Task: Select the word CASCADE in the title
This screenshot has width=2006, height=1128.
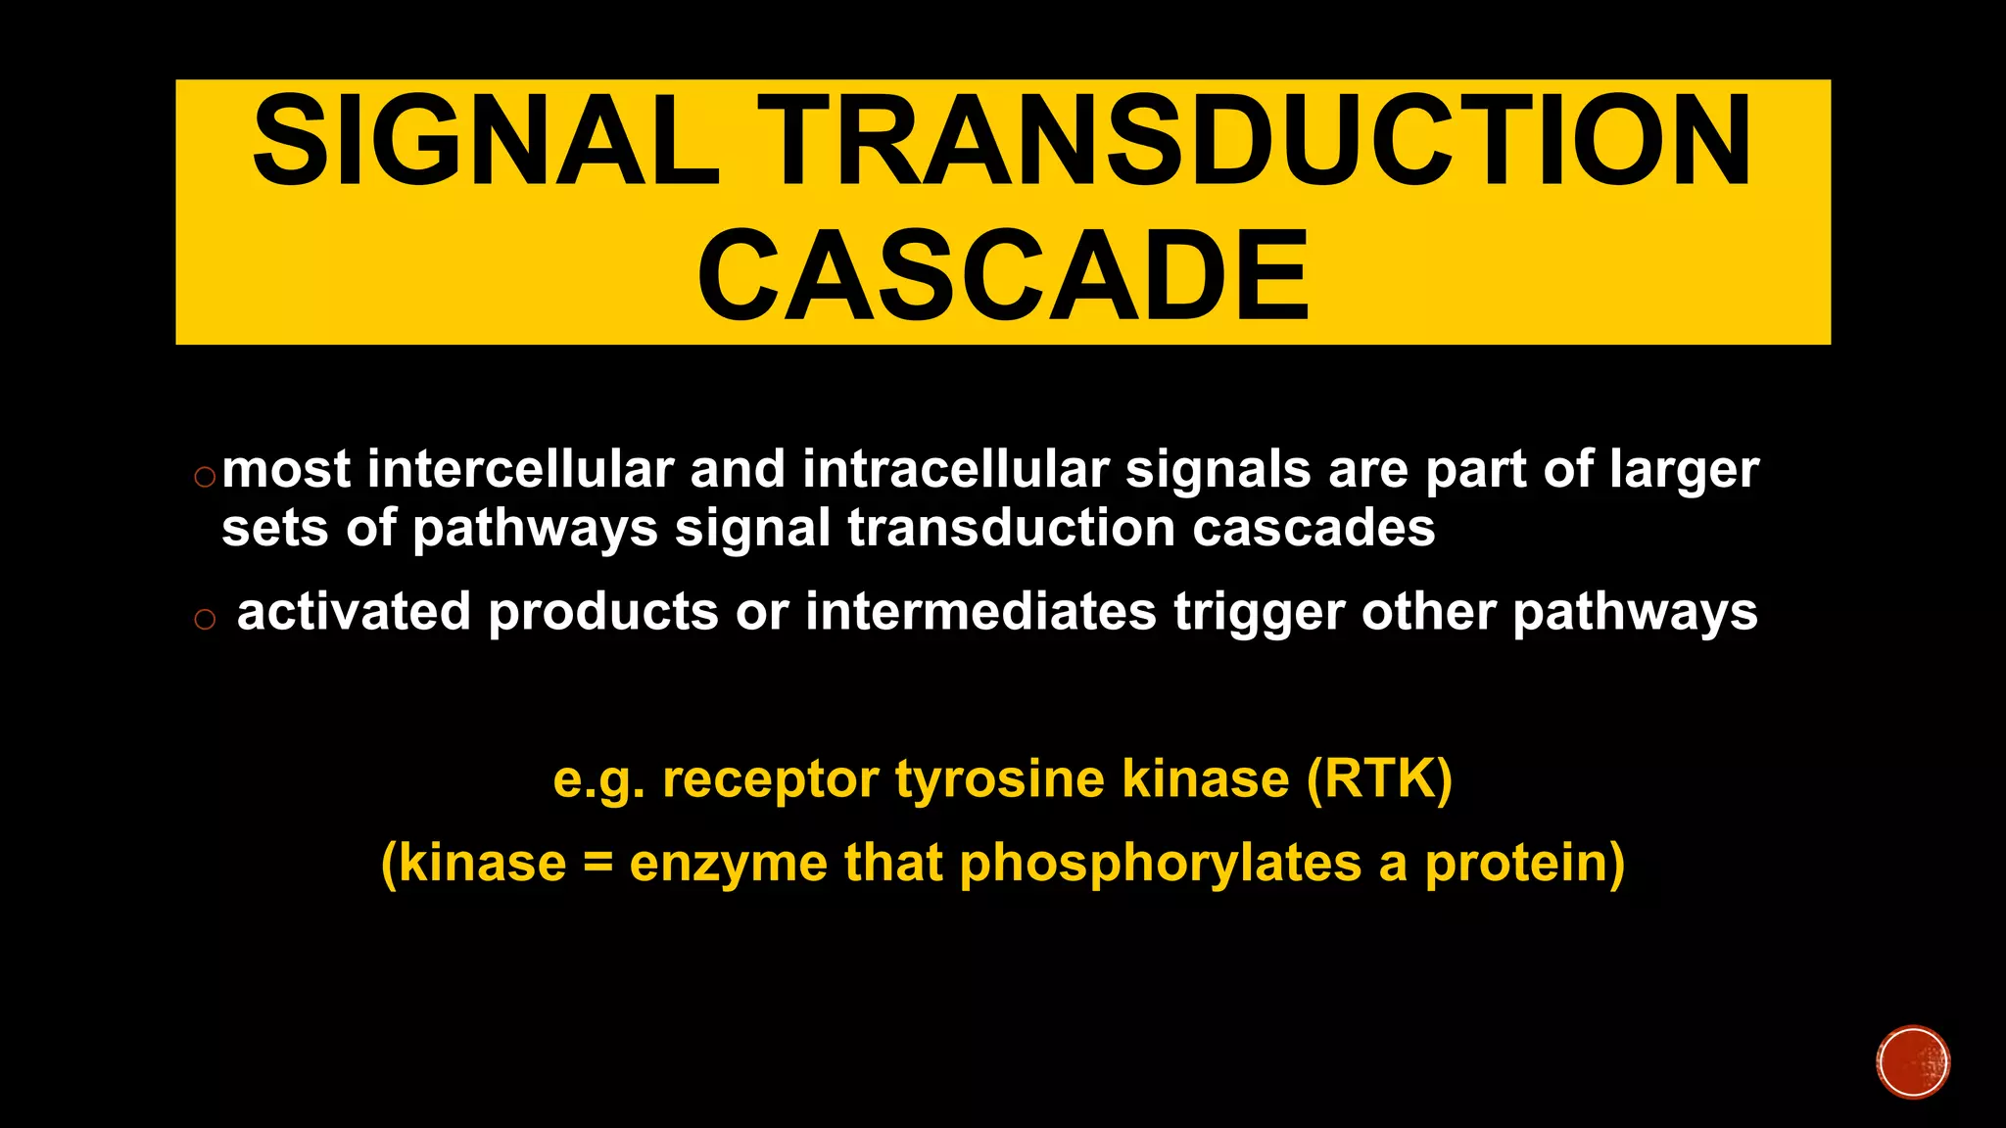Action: (x=1003, y=276)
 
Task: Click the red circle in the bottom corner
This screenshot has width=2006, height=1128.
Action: (x=1913, y=1062)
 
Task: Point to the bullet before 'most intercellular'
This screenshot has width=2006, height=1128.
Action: (x=205, y=478)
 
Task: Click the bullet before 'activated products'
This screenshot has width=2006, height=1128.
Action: (x=205, y=619)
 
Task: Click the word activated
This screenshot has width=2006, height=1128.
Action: (x=354, y=612)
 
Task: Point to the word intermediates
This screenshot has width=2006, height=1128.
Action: (x=980, y=612)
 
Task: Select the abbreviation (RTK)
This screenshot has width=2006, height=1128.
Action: (x=1379, y=779)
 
